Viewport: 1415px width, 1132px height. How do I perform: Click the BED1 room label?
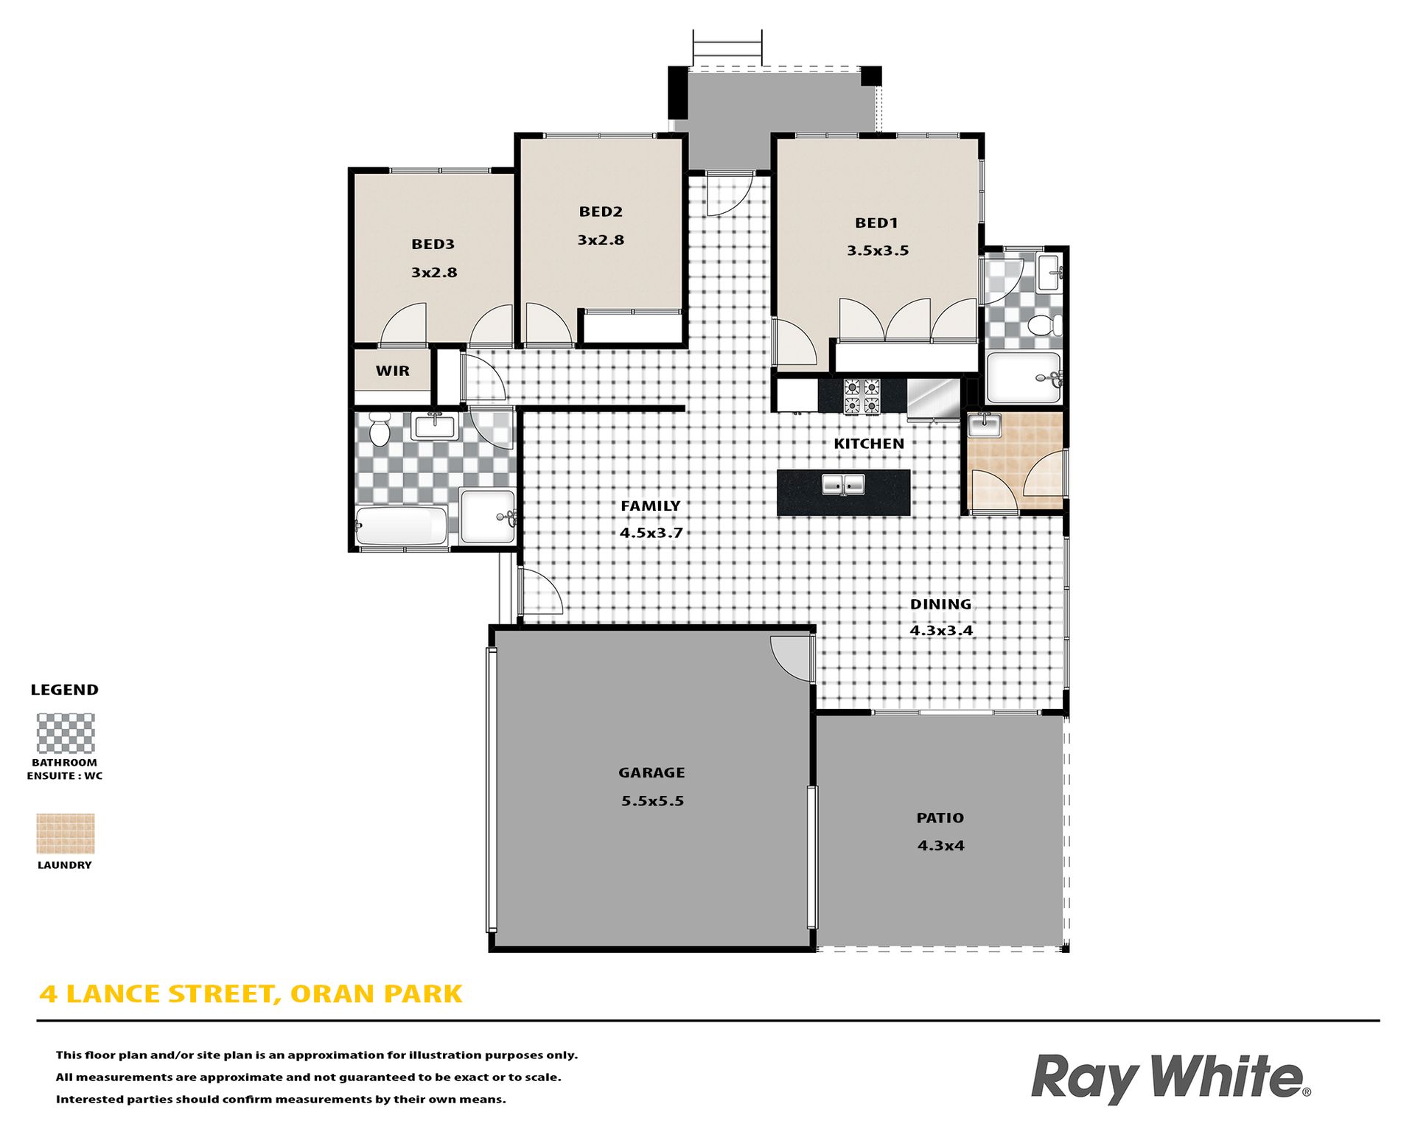(x=876, y=223)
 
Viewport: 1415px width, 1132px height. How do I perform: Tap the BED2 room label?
(x=601, y=212)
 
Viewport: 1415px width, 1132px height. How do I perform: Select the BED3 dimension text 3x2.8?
(x=434, y=273)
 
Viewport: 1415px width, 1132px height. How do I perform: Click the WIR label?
(x=392, y=371)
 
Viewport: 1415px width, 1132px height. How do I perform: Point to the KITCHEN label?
(x=869, y=444)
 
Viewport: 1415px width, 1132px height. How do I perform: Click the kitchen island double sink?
(x=844, y=485)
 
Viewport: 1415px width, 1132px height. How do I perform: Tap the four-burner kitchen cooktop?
(x=862, y=396)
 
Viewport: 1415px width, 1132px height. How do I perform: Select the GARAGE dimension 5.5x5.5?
(x=652, y=801)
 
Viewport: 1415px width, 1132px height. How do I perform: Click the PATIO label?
(x=940, y=818)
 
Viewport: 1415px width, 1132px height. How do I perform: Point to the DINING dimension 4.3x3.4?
(x=941, y=631)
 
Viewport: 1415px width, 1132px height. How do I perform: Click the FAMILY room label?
(x=650, y=506)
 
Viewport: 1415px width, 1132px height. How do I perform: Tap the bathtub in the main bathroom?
(x=402, y=525)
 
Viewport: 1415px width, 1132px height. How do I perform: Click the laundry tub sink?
(x=984, y=425)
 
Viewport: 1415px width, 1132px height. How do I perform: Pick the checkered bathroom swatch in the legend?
(x=66, y=733)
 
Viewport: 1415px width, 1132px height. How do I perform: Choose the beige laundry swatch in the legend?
(x=66, y=834)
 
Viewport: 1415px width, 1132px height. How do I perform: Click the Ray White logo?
(x=1170, y=1077)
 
